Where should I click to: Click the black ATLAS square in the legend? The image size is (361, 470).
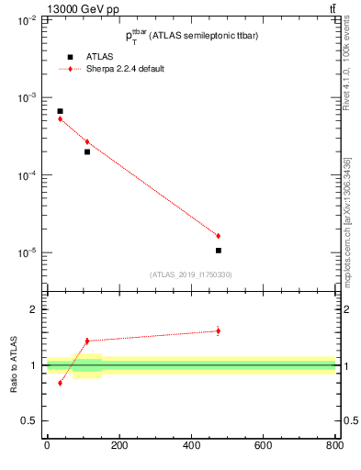[x=70, y=57]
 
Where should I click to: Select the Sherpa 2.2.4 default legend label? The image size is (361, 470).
[x=125, y=69]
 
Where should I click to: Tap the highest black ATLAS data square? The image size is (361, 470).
[x=60, y=111]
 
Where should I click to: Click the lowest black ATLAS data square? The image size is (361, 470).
[x=218, y=250]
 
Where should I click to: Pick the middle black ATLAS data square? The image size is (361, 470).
[x=87, y=151]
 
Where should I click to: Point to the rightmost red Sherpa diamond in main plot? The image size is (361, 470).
[x=218, y=236]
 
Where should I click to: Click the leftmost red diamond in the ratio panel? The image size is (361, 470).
[x=60, y=383]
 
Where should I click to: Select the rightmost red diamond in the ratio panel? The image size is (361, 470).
[x=218, y=330]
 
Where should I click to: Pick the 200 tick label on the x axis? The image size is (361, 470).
[x=118, y=445]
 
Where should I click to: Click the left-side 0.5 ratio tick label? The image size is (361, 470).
[x=30, y=420]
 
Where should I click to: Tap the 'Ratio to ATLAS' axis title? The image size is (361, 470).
[x=14, y=364]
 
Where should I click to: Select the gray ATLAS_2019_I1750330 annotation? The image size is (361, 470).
[x=191, y=274]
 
